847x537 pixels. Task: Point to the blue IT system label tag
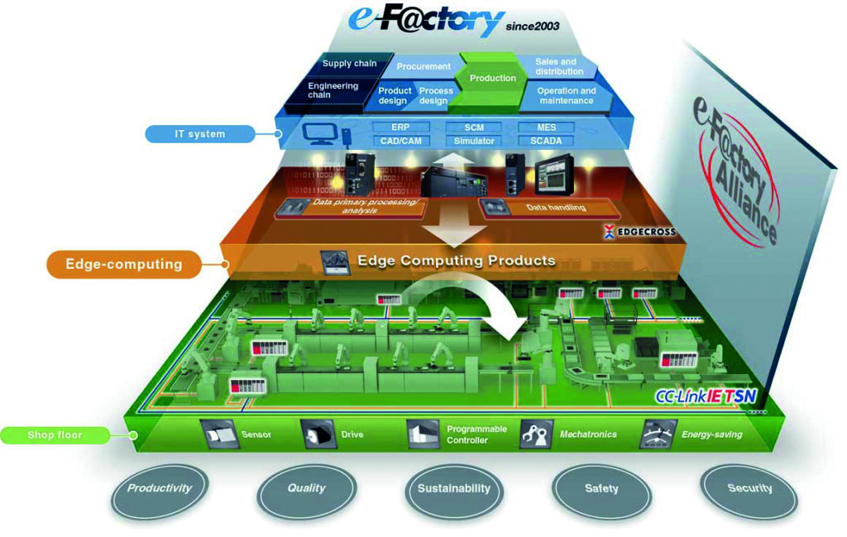click(x=199, y=134)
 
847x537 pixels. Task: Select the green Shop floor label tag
click(x=55, y=435)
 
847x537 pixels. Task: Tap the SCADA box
click(x=546, y=141)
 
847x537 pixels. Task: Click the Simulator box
click(x=474, y=141)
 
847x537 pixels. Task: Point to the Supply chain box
click(x=348, y=65)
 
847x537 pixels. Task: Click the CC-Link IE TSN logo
click(x=706, y=396)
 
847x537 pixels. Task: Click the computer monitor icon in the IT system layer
click(x=317, y=133)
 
